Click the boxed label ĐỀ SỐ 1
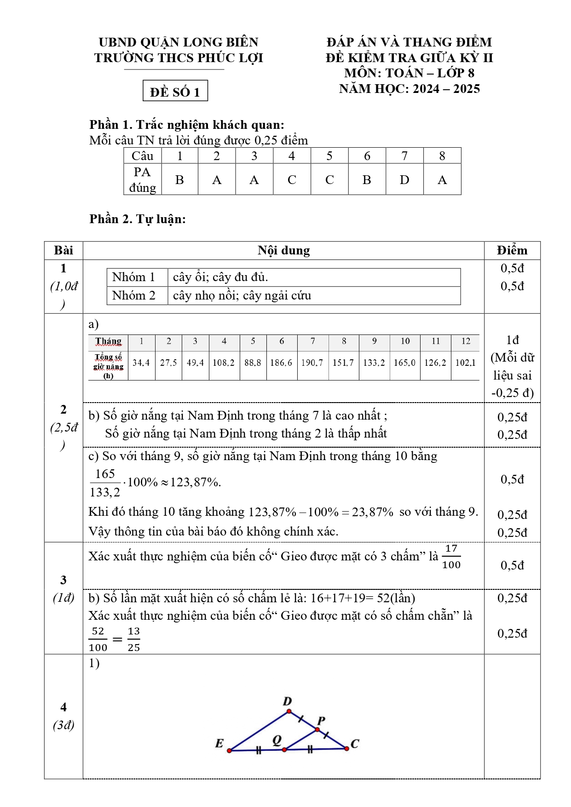tap(175, 91)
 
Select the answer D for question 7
tap(404, 180)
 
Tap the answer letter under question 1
tap(179, 180)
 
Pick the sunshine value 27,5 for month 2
tap(168, 363)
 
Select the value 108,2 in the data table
tap(224, 363)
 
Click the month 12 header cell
tap(466, 341)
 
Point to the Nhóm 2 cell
tap(134, 295)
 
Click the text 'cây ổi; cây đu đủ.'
tap(220, 277)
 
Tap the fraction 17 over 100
tap(451, 557)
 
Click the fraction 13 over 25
tap(134, 639)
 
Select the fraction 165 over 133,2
tap(105, 483)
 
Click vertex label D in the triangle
tap(287, 702)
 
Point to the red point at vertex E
tap(230, 750)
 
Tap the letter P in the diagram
tap(321, 721)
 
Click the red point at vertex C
tap(346, 749)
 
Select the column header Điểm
tap(512, 250)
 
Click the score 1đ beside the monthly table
tap(512, 340)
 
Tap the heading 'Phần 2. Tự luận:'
tap(138, 219)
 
